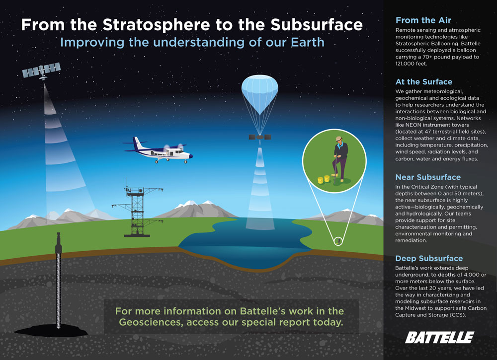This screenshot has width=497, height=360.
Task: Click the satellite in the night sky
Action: coord(42,71)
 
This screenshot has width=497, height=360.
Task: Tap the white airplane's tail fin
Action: coord(137,144)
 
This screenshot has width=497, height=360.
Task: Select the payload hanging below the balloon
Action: coord(260,137)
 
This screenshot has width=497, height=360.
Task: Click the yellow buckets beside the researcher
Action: coord(324,179)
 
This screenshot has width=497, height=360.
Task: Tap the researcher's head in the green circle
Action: coord(339,140)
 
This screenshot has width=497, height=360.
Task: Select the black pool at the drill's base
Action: coord(51,331)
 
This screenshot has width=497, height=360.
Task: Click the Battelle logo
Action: coord(439,338)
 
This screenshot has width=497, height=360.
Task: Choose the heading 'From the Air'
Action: coord(423,20)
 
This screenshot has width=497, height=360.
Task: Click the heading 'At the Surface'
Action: coord(424,82)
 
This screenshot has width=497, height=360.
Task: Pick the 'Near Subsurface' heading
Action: coord(428,177)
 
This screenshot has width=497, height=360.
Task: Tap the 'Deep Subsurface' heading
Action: coord(429,258)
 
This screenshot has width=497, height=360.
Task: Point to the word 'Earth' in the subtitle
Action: coord(308,42)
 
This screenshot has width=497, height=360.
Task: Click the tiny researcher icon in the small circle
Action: coord(339,241)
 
